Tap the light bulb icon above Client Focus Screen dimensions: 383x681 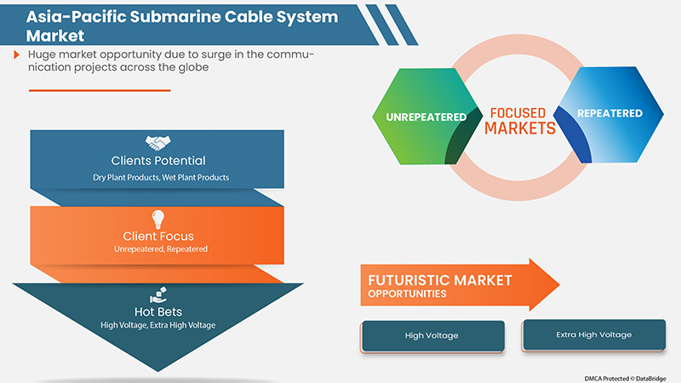coord(157,218)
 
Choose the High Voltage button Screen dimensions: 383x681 coord(432,335)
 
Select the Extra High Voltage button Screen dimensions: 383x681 coord(593,334)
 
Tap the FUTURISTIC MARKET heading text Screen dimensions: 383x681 coord(440,279)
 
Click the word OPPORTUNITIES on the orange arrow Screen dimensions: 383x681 coord(408,294)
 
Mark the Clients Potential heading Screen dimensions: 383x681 coord(158,160)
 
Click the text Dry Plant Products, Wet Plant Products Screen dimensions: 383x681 coord(158,177)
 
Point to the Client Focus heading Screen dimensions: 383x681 coord(158,236)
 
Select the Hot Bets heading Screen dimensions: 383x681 coord(158,312)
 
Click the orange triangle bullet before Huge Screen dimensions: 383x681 coord(17,54)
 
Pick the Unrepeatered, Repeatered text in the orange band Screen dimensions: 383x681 coord(158,249)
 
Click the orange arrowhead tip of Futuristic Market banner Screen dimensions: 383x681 coord(553,285)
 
